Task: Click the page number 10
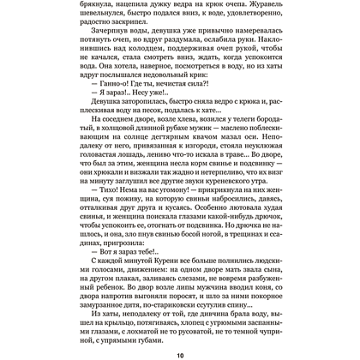pyautogui.click(x=180, y=351)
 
